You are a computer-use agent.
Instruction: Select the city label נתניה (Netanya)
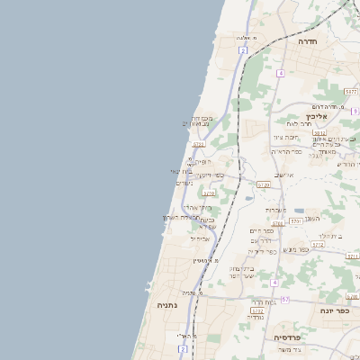tap(168, 305)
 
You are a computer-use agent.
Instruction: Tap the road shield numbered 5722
tap(199, 143)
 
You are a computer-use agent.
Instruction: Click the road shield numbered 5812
tap(319, 132)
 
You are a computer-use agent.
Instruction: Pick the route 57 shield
tap(285, 299)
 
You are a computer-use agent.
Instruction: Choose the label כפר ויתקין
tap(211, 175)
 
